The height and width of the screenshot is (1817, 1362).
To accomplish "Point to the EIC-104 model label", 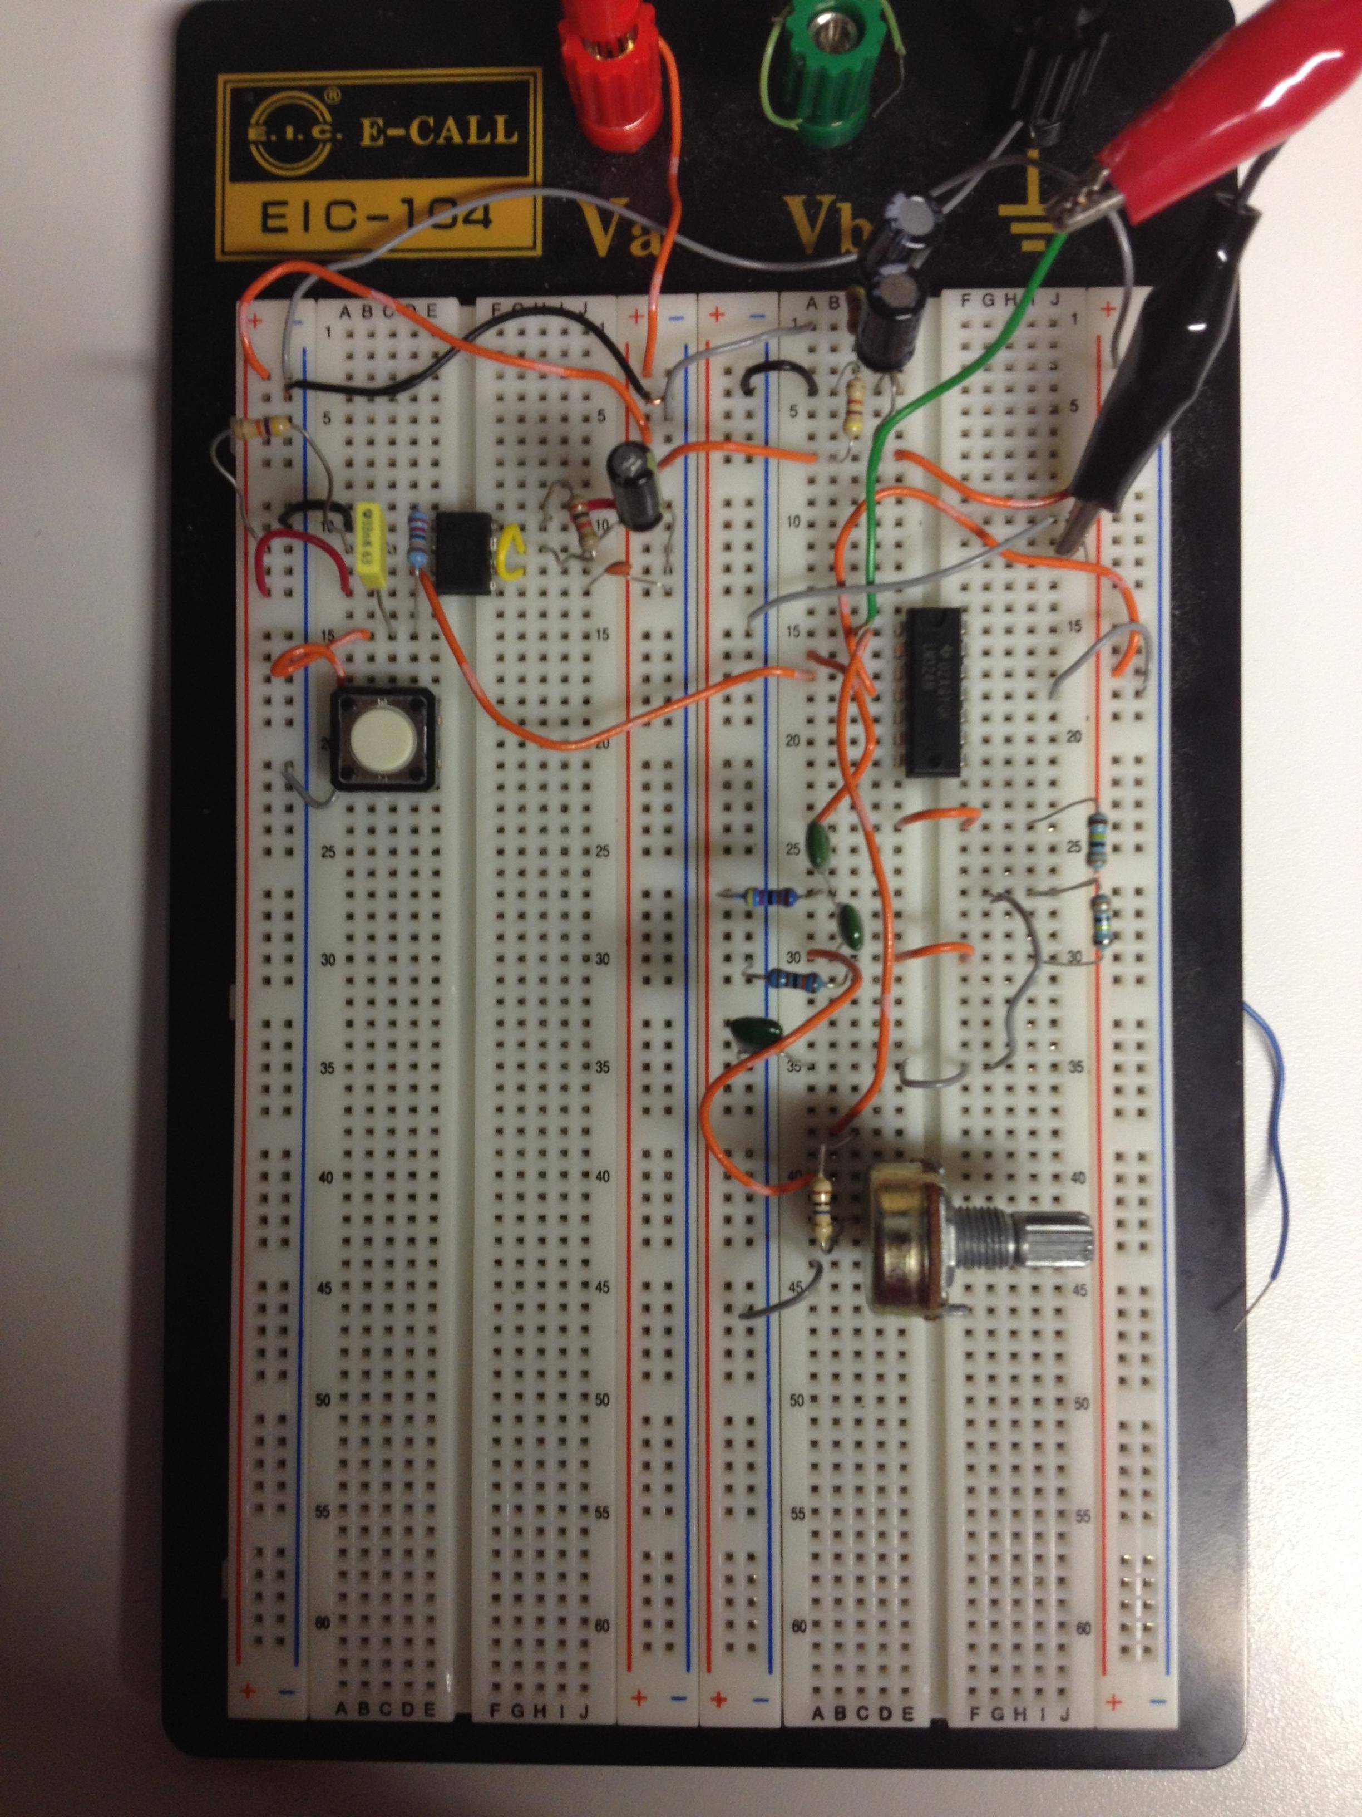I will (378, 215).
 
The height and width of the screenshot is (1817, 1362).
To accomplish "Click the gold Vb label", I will (821, 222).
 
